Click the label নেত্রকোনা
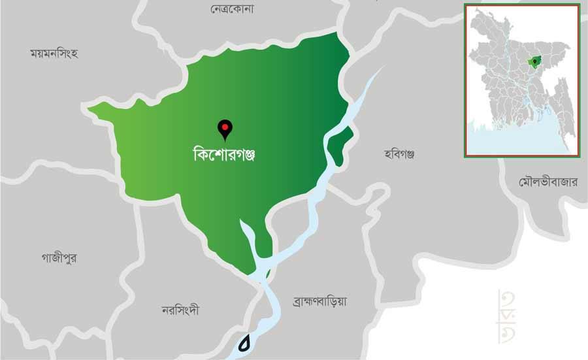[x=232, y=9]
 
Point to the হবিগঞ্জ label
[x=400, y=154]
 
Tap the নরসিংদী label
[x=180, y=310]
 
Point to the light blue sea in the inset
[x=516, y=140]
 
